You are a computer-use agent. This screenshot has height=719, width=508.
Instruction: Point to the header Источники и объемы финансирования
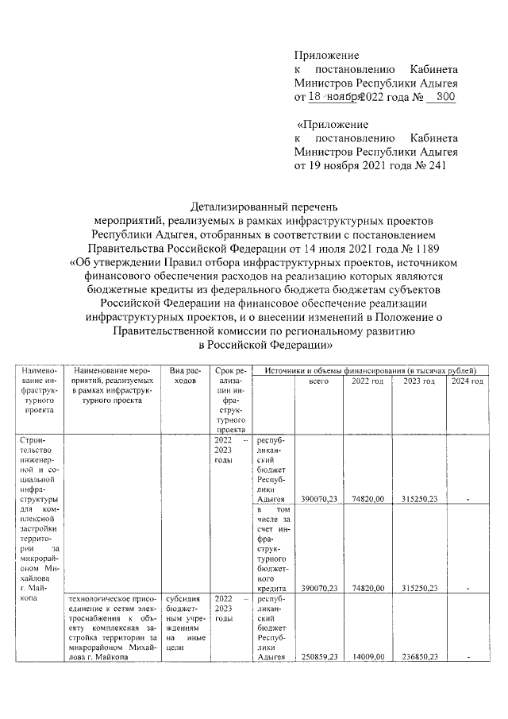369,370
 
